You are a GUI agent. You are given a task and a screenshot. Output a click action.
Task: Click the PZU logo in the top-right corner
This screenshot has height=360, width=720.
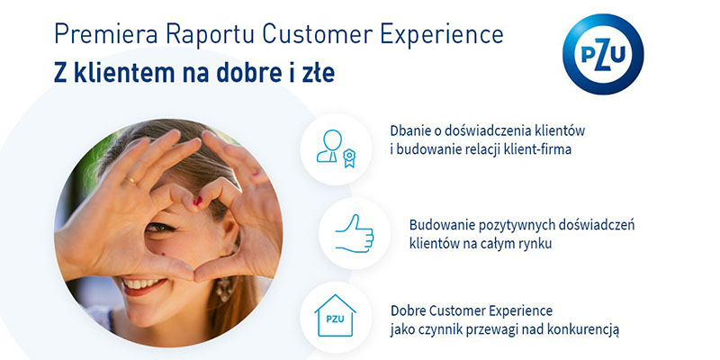603,54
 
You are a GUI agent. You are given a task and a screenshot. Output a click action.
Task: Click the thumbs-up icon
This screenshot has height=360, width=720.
355,233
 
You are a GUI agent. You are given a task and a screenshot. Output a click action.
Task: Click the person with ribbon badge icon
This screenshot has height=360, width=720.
336,148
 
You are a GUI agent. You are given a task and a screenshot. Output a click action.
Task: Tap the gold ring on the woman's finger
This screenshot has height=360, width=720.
130,181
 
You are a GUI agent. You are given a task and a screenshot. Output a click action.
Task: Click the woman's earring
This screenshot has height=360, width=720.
224,289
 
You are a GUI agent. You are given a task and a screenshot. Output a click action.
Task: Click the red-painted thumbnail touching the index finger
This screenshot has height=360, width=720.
197,201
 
